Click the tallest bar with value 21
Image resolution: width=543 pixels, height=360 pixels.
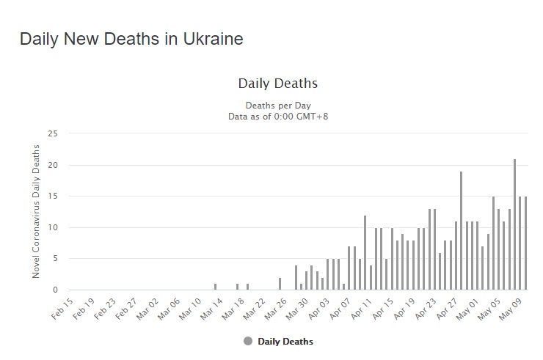pyautogui.click(x=515, y=224)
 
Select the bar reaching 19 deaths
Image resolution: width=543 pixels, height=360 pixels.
pyautogui.click(x=461, y=230)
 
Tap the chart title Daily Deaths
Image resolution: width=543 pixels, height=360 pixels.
pyautogui.click(x=278, y=84)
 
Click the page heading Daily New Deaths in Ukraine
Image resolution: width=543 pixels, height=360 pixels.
pyautogui.click(x=131, y=39)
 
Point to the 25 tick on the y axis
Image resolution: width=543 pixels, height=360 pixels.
pyautogui.click(x=51, y=133)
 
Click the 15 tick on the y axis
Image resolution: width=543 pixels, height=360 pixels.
pyautogui.click(x=51, y=196)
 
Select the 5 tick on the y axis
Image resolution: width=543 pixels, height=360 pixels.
pyautogui.click(x=53, y=258)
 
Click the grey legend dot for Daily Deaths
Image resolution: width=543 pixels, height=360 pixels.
pyautogui.click(x=248, y=341)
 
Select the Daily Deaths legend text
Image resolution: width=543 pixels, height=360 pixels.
pyautogui.click(x=285, y=342)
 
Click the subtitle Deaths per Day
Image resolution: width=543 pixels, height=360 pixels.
pyautogui.click(x=278, y=105)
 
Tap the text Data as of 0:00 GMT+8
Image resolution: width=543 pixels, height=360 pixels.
pyautogui.click(x=278, y=116)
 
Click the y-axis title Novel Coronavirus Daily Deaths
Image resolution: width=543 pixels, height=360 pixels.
pyautogui.click(x=36, y=211)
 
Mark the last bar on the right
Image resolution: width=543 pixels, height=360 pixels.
pyautogui.click(x=525, y=243)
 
